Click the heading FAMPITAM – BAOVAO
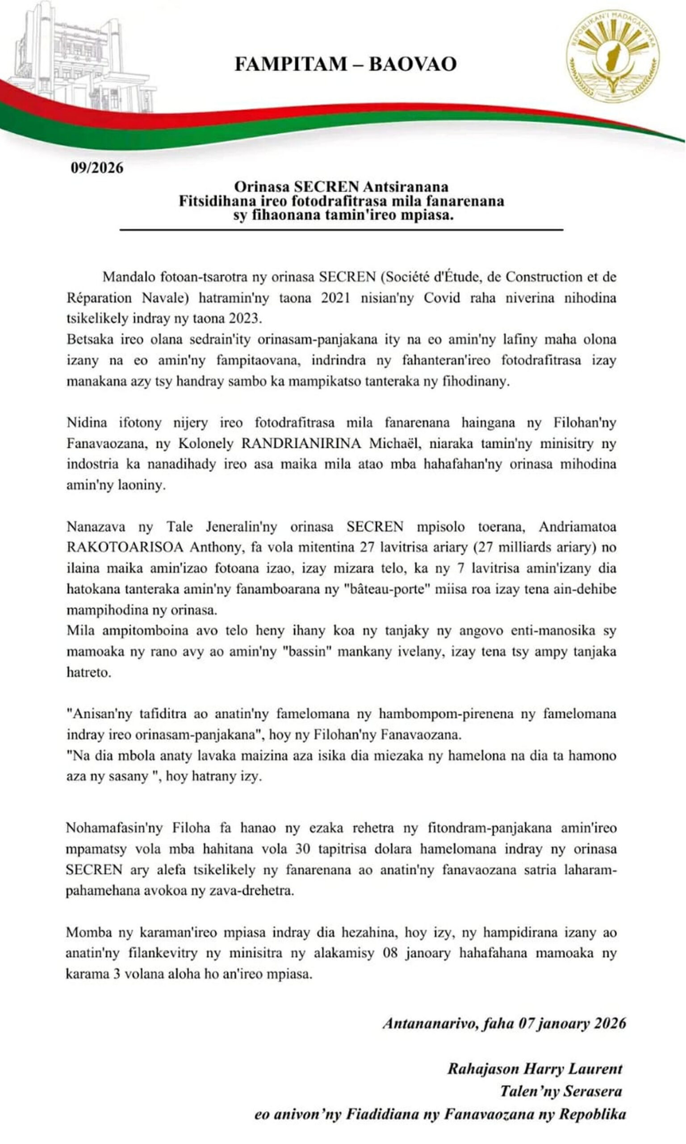[345, 64]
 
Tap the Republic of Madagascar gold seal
[613, 56]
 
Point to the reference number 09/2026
[97, 168]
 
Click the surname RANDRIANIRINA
[301, 443]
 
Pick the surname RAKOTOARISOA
[125, 547]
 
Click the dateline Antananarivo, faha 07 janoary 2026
[504, 1023]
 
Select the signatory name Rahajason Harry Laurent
[535, 1068]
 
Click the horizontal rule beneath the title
[341, 229]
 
